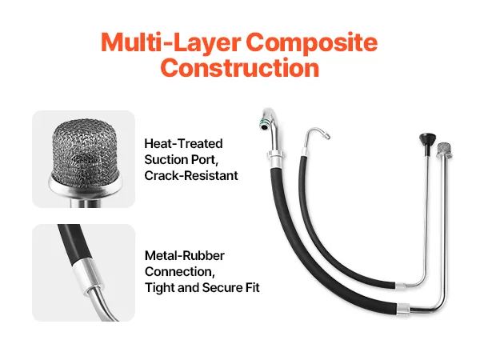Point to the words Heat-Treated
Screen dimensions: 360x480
(x=183, y=143)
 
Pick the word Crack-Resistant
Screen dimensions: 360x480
(x=191, y=174)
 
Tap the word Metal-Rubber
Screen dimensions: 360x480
(x=185, y=256)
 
